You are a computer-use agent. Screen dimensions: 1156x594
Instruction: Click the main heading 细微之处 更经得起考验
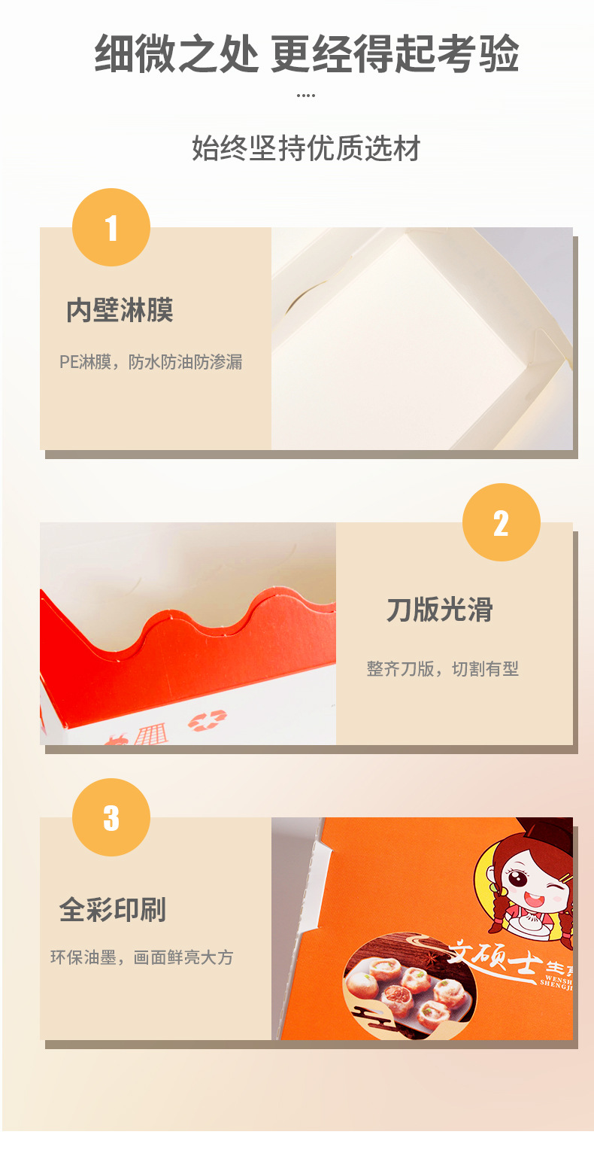pyautogui.click(x=306, y=54)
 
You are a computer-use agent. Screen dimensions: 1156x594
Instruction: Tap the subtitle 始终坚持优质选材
pyautogui.click(x=306, y=148)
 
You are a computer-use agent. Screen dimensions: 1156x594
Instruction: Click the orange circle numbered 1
pyautogui.click(x=111, y=227)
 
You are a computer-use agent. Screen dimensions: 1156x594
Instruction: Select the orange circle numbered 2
pyautogui.click(x=501, y=522)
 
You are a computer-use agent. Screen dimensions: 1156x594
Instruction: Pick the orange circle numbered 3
pyautogui.click(x=111, y=817)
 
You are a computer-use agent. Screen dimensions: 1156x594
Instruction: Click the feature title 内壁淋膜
pyautogui.click(x=120, y=310)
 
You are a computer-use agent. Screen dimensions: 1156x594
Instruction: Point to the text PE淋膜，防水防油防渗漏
pyautogui.click(x=151, y=362)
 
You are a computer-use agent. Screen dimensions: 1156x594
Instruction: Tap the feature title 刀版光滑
pyautogui.click(x=440, y=610)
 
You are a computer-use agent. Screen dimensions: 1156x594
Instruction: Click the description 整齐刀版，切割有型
pyautogui.click(x=443, y=668)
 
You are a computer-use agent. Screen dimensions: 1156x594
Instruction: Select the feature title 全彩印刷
pyautogui.click(x=113, y=910)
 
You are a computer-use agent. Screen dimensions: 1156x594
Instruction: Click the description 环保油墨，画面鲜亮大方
pyautogui.click(x=142, y=958)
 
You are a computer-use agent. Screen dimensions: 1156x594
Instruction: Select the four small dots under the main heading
pyautogui.click(x=306, y=96)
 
